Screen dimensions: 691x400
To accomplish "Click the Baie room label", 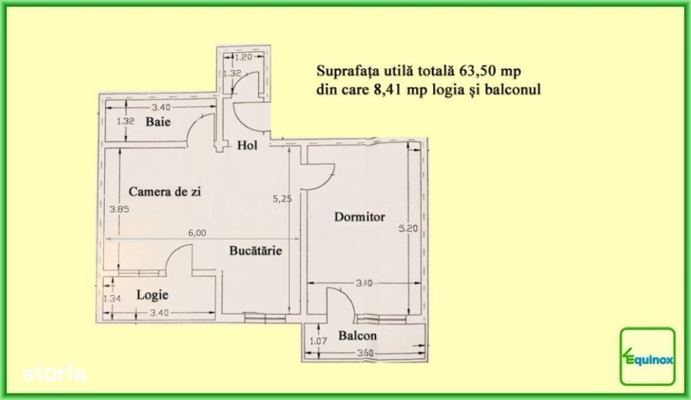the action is pyautogui.click(x=158, y=122).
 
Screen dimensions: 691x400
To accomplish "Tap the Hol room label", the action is pyautogui.click(x=247, y=145).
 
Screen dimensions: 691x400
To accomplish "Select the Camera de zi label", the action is pyautogui.click(x=165, y=192).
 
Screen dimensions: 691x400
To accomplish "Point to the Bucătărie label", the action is pyautogui.click(x=256, y=250).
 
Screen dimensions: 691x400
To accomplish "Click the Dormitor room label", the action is pyautogui.click(x=360, y=217).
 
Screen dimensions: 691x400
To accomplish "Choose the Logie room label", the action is pyautogui.click(x=153, y=295).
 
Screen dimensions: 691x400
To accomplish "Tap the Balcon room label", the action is pyautogui.click(x=358, y=336).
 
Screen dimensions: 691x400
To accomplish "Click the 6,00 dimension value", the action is pyautogui.click(x=197, y=233).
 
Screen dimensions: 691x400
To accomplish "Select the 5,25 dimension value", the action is pyautogui.click(x=282, y=199).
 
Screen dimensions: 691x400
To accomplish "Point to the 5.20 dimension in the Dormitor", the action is pyautogui.click(x=408, y=228).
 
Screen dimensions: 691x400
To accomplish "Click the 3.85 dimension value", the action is pyautogui.click(x=119, y=209).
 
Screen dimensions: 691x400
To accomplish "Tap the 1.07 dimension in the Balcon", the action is pyautogui.click(x=318, y=341).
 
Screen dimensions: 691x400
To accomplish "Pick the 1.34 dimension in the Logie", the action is pyautogui.click(x=112, y=299).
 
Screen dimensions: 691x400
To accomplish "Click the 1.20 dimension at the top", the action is pyautogui.click(x=244, y=58).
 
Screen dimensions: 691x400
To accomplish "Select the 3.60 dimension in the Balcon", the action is pyautogui.click(x=365, y=353).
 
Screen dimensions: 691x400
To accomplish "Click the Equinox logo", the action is pyautogui.click(x=648, y=356).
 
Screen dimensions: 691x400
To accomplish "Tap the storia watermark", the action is pyautogui.click(x=54, y=374).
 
